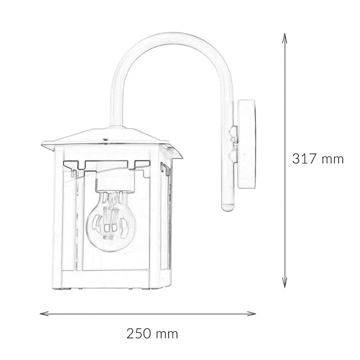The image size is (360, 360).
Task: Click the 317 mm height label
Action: tap(318, 159)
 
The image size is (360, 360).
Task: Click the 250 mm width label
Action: tap(152, 334)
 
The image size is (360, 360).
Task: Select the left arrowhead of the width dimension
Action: tap(44, 314)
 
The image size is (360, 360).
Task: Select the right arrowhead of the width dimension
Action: tap(252, 314)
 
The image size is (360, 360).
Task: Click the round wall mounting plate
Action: tap(246, 144)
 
